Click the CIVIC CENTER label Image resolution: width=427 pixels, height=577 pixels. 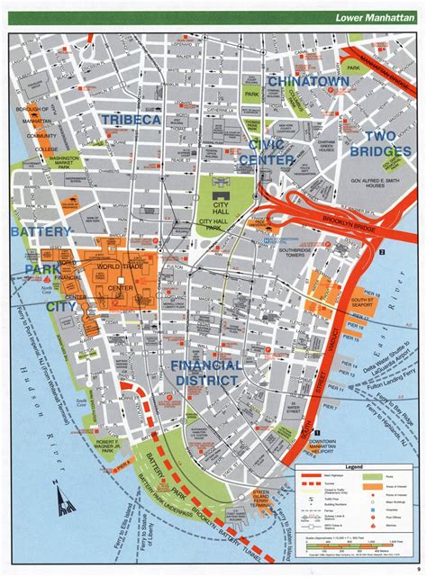[x=265, y=150]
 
